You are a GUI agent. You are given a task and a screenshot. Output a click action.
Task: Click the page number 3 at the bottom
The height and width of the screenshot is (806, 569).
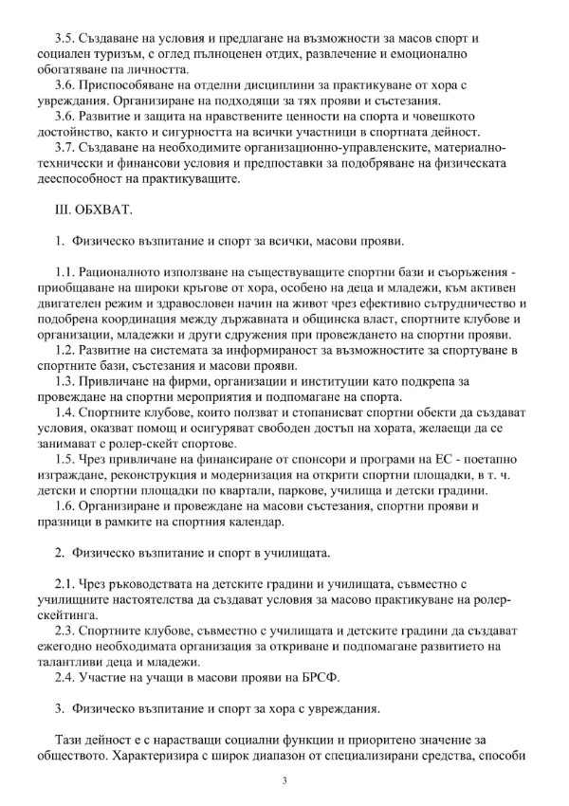pyautogui.click(x=284, y=779)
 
